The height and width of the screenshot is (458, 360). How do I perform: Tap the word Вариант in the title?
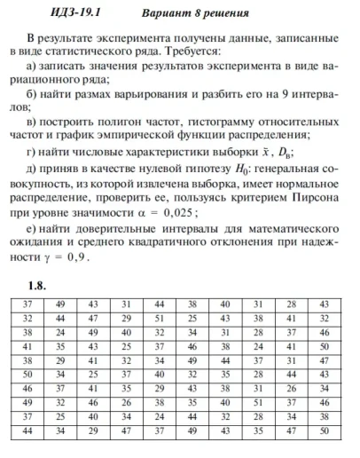(168, 14)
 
